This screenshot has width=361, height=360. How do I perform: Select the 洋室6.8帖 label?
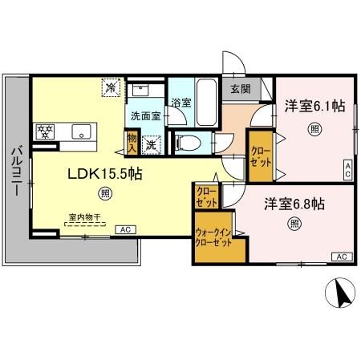point(295,203)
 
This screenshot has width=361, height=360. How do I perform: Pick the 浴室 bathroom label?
point(180,102)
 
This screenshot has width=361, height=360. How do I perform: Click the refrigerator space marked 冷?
point(109,85)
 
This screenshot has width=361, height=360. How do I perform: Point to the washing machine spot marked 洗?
point(151,145)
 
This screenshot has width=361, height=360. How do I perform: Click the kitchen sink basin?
point(81,130)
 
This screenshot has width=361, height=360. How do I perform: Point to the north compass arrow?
point(341,294)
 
